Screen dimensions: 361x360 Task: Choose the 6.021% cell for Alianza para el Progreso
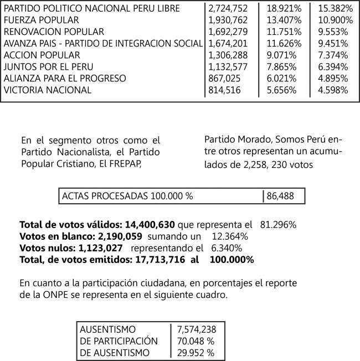pyautogui.click(x=280, y=79)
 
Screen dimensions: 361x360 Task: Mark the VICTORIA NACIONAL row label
pyautogui.click(x=47, y=90)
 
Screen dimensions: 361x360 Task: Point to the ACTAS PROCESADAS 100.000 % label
pyautogui.click(x=128, y=196)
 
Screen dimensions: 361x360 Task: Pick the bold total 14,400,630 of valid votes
pyautogui.click(x=148, y=225)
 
